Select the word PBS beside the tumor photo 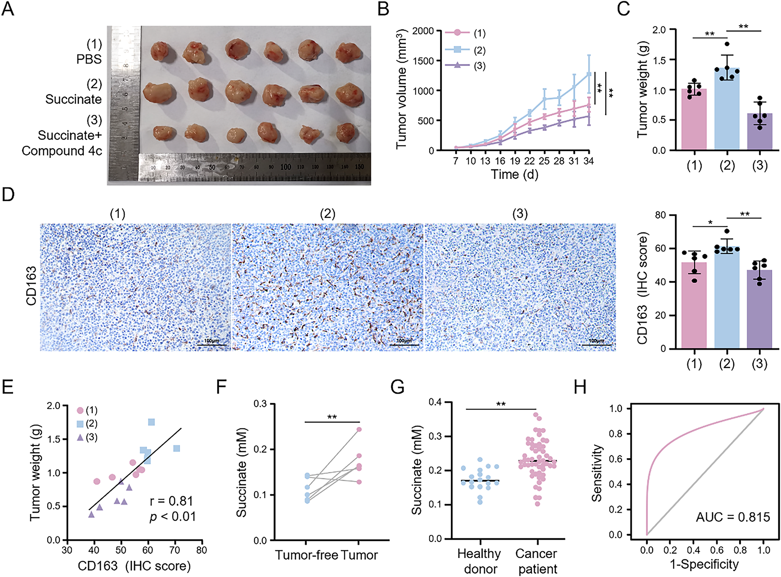point(89,59)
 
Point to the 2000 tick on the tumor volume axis point(423,31)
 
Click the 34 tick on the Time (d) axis point(588,161)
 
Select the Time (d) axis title point(515,175)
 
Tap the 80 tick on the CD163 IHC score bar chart point(660,215)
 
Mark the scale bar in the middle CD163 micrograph point(404,344)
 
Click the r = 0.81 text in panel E point(171,501)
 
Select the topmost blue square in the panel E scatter point(151,422)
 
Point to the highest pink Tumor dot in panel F point(359,429)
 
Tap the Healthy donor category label point(479,561)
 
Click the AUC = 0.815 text point(733,517)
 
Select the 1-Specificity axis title point(704,564)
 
